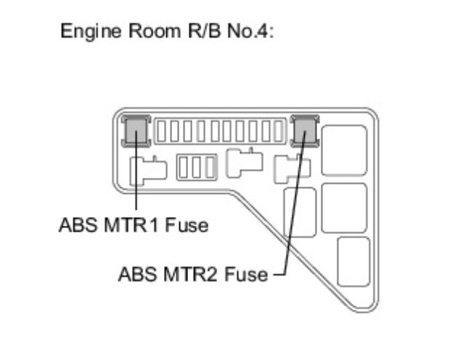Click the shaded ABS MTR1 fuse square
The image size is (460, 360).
coord(136,131)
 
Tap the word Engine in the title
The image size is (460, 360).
coord(83,34)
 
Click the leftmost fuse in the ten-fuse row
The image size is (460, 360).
coord(163,131)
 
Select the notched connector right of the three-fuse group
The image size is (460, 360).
coord(243,161)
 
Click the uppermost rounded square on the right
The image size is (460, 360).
coord(343,150)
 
